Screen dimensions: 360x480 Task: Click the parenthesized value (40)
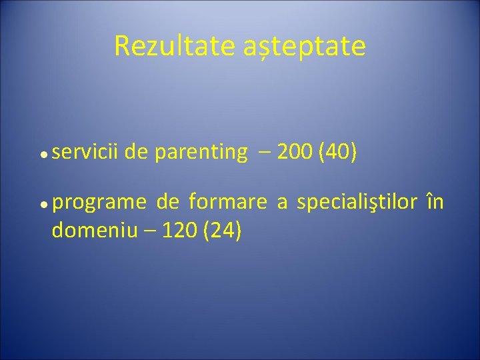(x=339, y=153)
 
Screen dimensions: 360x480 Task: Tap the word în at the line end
(x=434, y=201)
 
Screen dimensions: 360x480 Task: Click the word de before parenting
(x=136, y=153)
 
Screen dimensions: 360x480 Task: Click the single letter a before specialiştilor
(x=282, y=202)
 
